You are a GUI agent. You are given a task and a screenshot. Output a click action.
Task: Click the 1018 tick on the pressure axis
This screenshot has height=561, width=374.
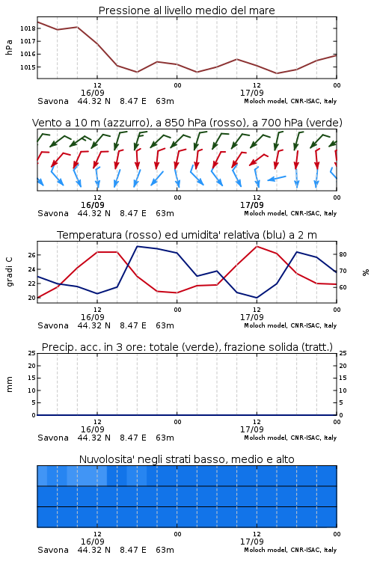click(x=28, y=28)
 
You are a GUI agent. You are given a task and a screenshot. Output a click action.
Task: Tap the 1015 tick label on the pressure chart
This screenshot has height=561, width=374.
click(x=28, y=67)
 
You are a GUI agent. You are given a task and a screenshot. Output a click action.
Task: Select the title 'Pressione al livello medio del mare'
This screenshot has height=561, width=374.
click(x=186, y=10)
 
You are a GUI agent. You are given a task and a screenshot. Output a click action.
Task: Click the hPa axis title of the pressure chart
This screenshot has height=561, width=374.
click(x=9, y=47)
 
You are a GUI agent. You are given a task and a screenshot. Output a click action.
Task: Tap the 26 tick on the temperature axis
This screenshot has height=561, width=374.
click(x=32, y=255)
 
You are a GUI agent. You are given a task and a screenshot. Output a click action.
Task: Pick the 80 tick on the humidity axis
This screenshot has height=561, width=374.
click(x=343, y=255)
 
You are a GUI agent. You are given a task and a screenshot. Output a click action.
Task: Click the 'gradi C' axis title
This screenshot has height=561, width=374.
click(x=10, y=272)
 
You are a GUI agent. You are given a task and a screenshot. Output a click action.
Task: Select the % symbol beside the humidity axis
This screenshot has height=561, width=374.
click(x=366, y=272)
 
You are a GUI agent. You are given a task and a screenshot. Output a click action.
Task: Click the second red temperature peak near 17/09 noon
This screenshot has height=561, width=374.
click(x=257, y=247)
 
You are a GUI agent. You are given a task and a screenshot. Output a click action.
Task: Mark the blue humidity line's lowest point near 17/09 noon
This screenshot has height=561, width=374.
click(x=257, y=298)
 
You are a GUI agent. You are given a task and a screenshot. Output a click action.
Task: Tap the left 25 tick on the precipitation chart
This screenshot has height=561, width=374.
click(x=32, y=354)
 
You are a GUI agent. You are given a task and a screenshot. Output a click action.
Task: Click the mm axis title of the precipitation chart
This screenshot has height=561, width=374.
click(x=10, y=384)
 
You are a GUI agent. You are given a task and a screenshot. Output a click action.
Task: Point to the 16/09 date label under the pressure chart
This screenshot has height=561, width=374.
click(x=93, y=93)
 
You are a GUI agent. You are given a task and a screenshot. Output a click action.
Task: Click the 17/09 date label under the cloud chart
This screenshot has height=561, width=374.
click(x=252, y=542)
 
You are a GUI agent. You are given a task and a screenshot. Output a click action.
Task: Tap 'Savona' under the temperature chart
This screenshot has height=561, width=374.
click(x=53, y=325)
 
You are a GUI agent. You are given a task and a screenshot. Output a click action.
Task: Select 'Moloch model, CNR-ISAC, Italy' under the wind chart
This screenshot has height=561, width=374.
click(x=290, y=214)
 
